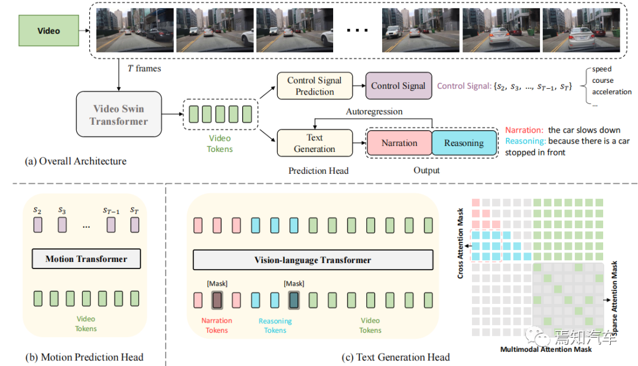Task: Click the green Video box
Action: (x=48, y=31)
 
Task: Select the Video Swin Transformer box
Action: (x=119, y=115)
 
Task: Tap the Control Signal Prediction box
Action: (x=314, y=86)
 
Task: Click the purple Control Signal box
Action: (x=398, y=86)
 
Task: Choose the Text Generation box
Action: (x=314, y=143)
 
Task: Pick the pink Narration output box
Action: (x=399, y=143)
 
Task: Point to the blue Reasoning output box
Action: (x=464, y=143)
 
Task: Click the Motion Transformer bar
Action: (x=86, y=259)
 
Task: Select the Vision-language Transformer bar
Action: (x=313, y=260)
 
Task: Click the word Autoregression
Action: (x=375, y=111)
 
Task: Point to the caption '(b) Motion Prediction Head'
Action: (x=84, y=357)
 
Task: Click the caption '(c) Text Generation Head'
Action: (x=396, y=357)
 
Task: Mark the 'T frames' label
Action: (x=144, y=69)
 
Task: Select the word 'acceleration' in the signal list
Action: (x=611, y=92)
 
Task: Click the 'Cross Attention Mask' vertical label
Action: (x=461, y=243)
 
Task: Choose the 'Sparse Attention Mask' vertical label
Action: (x=614, y=301)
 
